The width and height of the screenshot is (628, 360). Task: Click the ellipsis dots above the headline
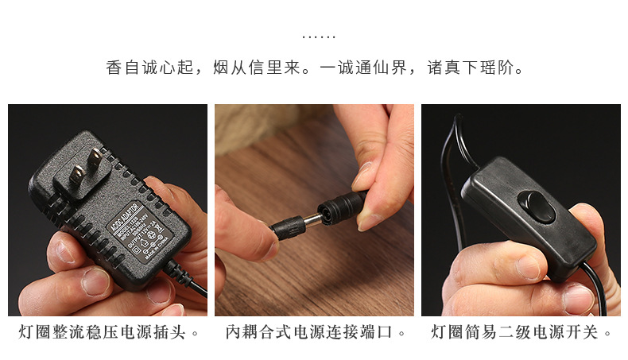point(320,37)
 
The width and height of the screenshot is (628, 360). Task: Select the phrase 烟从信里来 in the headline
point(260,68)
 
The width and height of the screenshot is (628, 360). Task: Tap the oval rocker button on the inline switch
point(537,208)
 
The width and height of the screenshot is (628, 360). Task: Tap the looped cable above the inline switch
point(455,143)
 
